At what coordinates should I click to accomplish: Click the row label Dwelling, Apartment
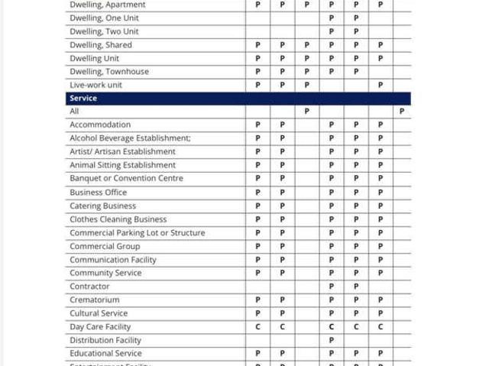[x=107, y=5]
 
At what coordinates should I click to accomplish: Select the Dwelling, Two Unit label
[x=104, y=31]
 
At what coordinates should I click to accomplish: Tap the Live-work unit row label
[x=96, y=85]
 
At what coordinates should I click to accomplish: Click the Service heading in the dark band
[x=83, y=99]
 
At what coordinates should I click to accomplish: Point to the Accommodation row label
[x=100, y=125]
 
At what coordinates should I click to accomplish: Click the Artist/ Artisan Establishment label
[x=122, y=152]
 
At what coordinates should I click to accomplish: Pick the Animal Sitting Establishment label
[x=122, y=165]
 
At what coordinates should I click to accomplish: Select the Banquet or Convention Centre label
[x=126, y=179]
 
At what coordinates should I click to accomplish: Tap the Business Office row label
[x=98, y=193]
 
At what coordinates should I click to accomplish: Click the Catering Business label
[x=102, y=206]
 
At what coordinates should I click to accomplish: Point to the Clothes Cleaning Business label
[x=118, y=219]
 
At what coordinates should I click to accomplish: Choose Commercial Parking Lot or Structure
[x=137, y=233]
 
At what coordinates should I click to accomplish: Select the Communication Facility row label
[x=112, y=260]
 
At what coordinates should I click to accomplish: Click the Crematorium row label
[x=94, y=300]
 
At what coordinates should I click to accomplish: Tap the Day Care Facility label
[x=100, y=327]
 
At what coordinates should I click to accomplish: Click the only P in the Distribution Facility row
[x=332, y=340]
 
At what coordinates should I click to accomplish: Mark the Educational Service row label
[x=105, y=354]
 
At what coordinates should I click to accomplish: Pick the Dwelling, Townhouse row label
[x=109, y=72]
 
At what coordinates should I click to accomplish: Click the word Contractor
[x=89, y=287]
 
